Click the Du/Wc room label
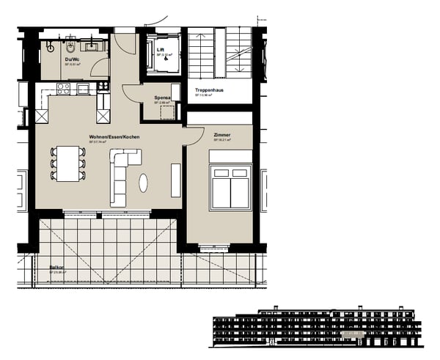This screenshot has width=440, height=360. pos(71,59)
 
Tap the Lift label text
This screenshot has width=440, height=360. pos(161,51)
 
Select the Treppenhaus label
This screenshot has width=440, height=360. pos(209,90)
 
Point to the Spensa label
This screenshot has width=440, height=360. pos(162,98)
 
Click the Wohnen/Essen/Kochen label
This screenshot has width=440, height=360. pos(114,137)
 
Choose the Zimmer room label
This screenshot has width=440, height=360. pos(221,136)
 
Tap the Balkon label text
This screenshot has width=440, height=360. pos(56,268)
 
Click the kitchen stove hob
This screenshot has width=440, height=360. pos(63,88)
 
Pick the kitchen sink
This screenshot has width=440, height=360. pos(84,89)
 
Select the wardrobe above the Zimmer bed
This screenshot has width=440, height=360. pos(231,156)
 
